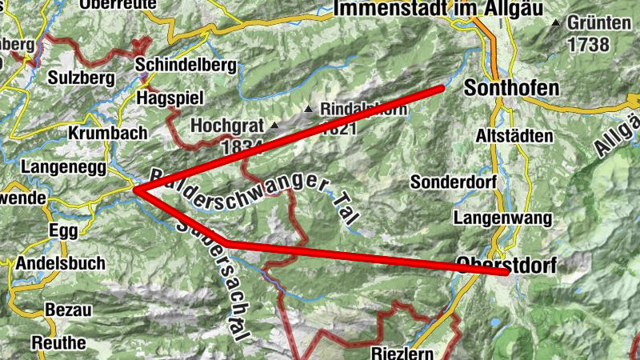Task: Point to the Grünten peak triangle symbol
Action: (x=556, y=22)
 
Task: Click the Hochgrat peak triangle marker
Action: (x=274, y=126)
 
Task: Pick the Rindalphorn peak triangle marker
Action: (x=309, y=108)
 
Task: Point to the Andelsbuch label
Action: (x=54, y=263)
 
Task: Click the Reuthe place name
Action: (x=58, y=342)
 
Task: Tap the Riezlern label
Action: (x=402, y=352)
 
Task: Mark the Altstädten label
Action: (x=514, y=136)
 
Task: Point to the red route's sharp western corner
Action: (x=136, y=190)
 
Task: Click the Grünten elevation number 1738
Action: (x=588, y=45)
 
